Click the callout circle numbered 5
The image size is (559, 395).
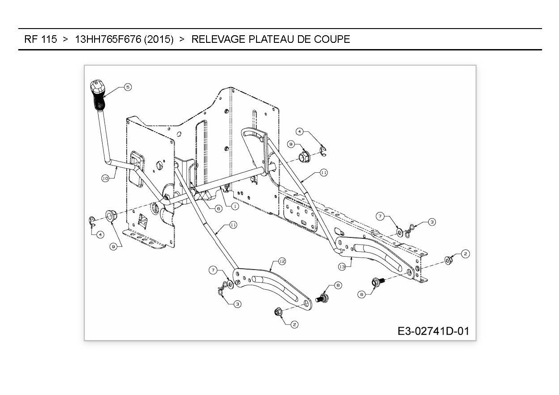coord(128,87)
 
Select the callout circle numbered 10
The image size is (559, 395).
coord(105,178)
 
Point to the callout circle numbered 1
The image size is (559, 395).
coord(235,206)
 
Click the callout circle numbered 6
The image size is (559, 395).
coord(218,208)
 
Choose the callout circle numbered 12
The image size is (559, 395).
coord(282,261)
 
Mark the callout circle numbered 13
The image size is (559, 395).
coord(342,267)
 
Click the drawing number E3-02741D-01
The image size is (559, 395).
coord(433,331)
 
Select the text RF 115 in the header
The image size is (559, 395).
coord(41,39)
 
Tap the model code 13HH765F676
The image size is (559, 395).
coord(108,39)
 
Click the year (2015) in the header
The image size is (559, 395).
coord(158,39)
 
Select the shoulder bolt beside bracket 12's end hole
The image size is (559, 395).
coord(322,298)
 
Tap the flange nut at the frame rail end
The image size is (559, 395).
coord(448,260)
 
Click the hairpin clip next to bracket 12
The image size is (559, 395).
coord(223,290)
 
